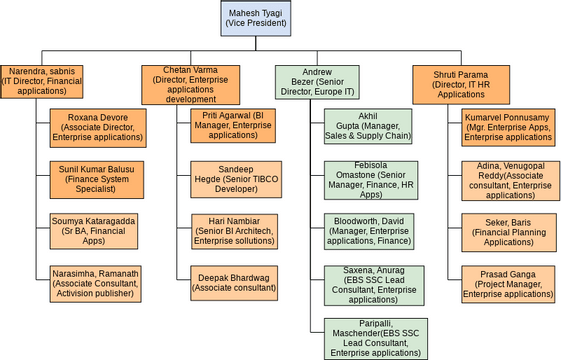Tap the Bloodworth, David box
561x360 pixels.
[x=368, y=232]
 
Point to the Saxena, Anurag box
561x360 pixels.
[x=368, y=284]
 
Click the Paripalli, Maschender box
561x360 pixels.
[x=368, y=338]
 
